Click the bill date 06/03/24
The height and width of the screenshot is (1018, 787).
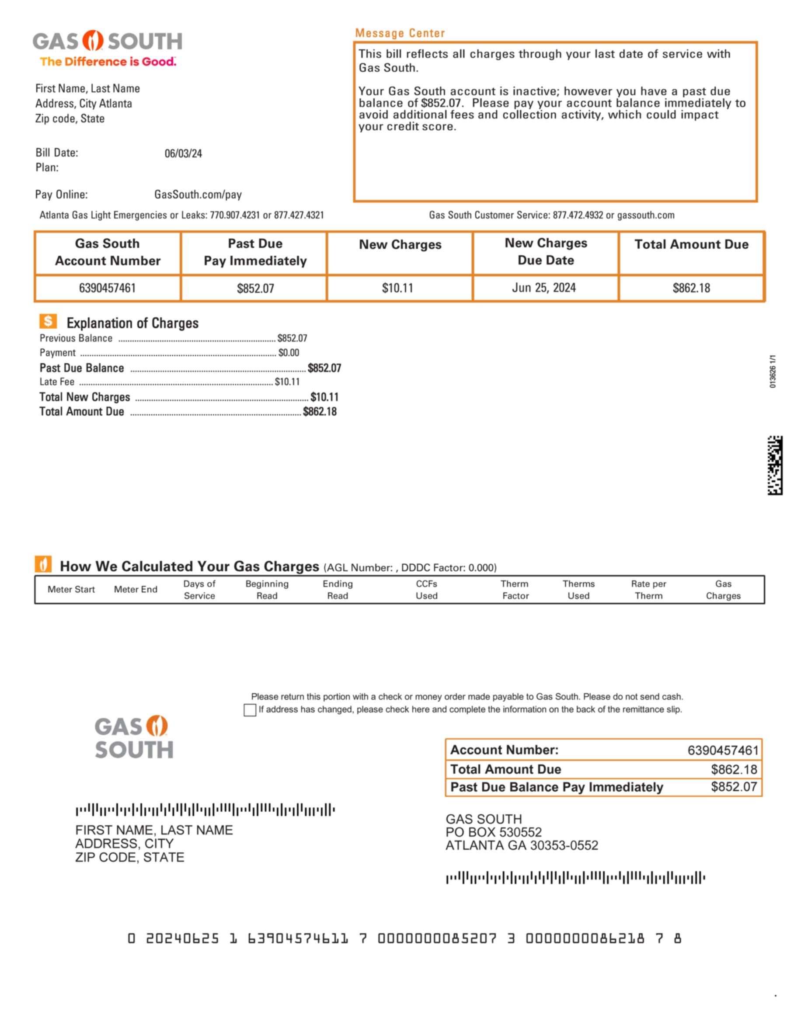pyautogui.click(x=183, y=153)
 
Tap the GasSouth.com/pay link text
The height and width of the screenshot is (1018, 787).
pyautogui.click(x=198, y=195)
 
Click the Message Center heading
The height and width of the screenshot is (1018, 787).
pyautogui.click(x=400, y=33)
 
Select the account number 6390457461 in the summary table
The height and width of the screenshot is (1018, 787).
pyautogui.click(x=107, y=288)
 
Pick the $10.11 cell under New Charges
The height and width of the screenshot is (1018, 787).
pyautogui.click(x=397, y=288)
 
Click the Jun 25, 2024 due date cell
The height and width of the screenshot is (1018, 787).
pyautogui.click(x=543, y=288)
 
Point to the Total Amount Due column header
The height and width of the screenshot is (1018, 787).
pyautogui.click(x=691, y=244)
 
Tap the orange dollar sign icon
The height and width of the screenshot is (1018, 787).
pyautogui.click(x=48, y=321)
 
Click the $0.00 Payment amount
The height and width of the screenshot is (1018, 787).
pyautogui.click(x=289, y=353)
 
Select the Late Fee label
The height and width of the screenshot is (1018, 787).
pyautogui.click(x=57, y=382)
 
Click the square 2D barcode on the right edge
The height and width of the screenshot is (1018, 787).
pyautogui.click(x=774, y=465)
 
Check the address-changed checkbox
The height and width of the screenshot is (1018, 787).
pyautogui.click(x=250, y=710)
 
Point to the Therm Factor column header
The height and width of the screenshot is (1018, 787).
pyautogui.click(x=515, y=590)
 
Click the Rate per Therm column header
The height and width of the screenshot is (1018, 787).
pyautogui.click(x=648, y=590)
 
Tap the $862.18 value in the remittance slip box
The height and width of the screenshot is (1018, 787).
pyautogui.click(x=733, y=769)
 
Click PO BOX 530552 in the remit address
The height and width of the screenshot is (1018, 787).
pyautogui.click(x=493, y=832)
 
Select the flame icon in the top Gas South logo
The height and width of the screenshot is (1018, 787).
pyautogui.click(x=93, y=41)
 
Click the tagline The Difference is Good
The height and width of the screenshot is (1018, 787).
pyautogui.click(x=108, y=62)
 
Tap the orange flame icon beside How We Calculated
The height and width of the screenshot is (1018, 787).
pyautogui.click(x=43, y=564)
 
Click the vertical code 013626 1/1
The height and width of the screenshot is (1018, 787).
pyautogui.click(x=773, y=371)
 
